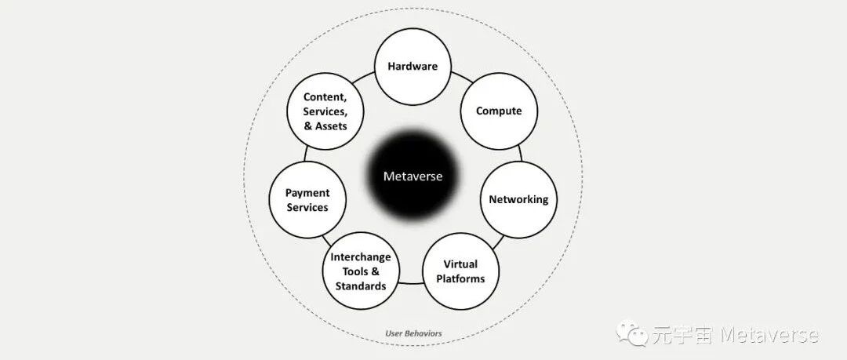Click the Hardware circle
pyautogui.click(x=413, y=67)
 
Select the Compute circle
pyautogui.click(x=499, y=111)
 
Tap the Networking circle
pyautogui.click(x=518, y=199)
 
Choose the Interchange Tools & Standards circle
pyautogui.click(x=361, y=271)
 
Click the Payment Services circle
pyautogui.click(x=307, y=199)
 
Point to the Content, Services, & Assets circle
pyautogui.click(x=325, y=111)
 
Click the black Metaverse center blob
pyautogui.click(x=413, y=176)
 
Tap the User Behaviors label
pyautogui.click(x=413, y=333)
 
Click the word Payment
pyautogui.click(x=307, y=192)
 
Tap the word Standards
pyautogui.click(x=361, y=285)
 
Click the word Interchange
pyautogui.click(x=361, y=257)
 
